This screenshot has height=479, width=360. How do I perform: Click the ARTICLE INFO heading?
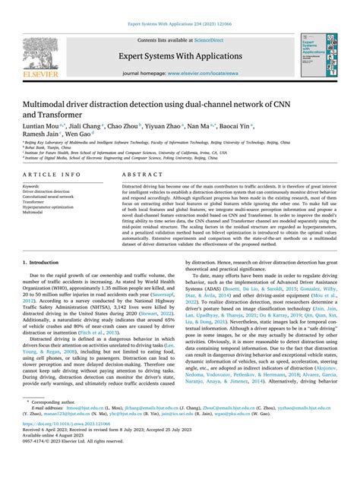[x=50, y=174]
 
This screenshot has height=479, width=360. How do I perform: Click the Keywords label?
[x=31, y=186]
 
